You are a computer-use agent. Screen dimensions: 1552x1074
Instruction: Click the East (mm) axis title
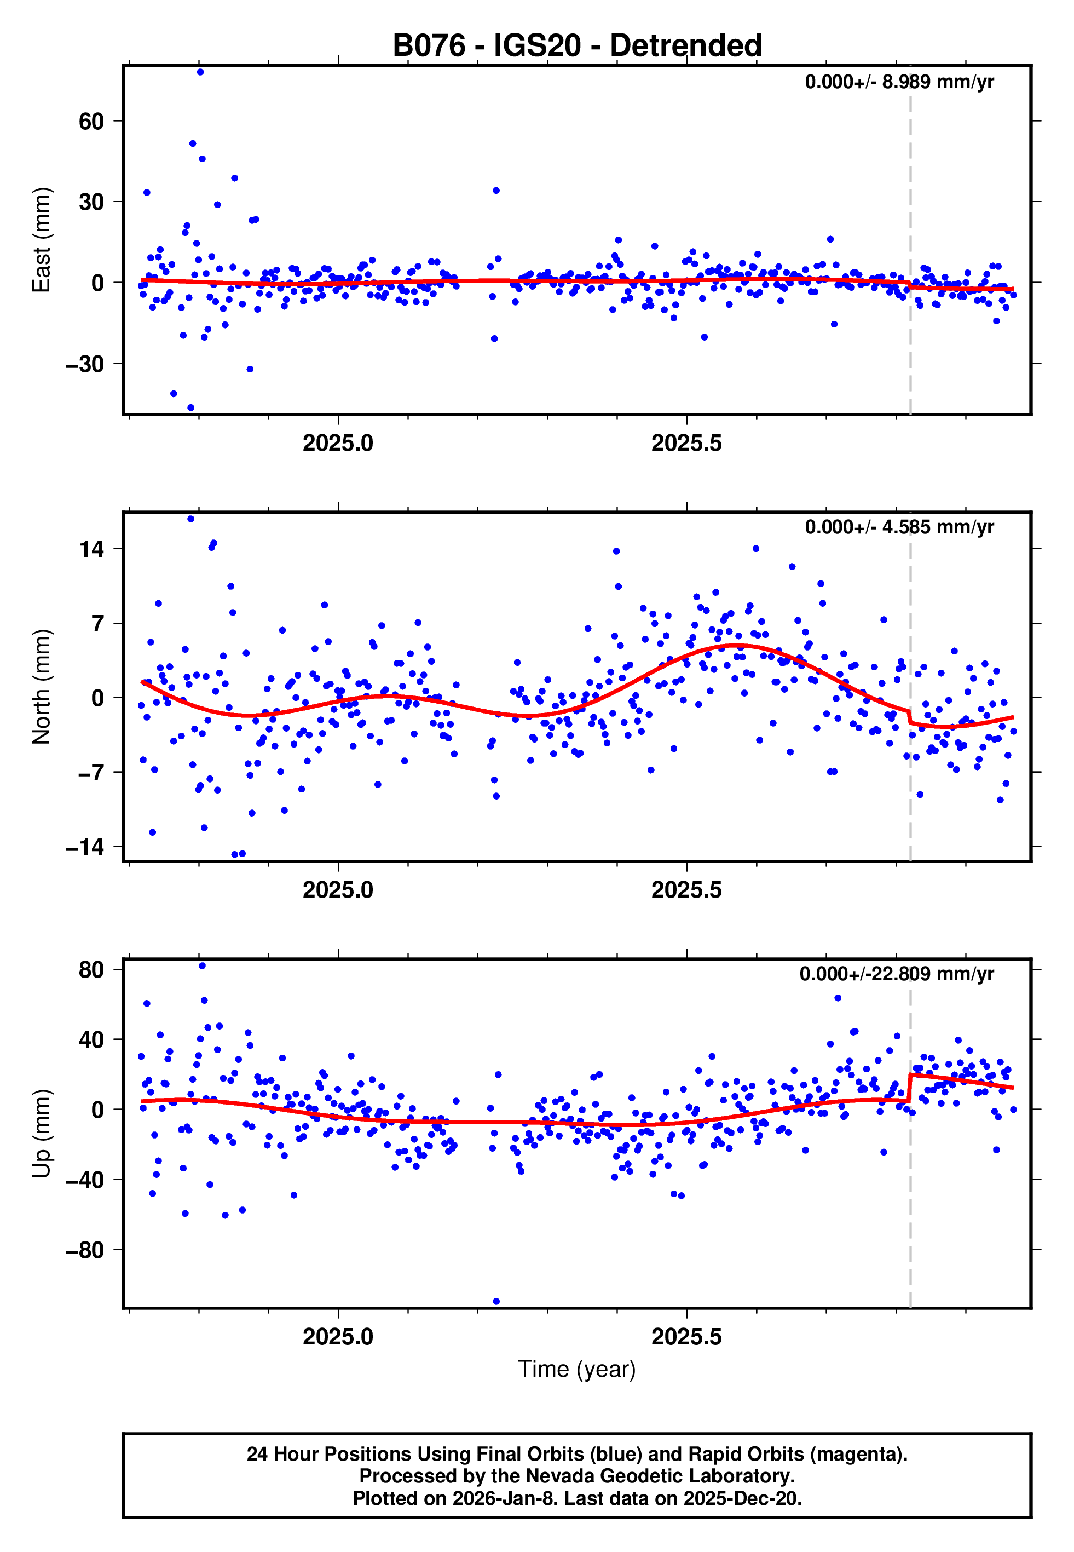click(42, 240)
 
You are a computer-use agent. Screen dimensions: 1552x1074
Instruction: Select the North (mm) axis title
click(42, 687)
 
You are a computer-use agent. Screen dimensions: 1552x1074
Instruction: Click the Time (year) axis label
click(577, 1369)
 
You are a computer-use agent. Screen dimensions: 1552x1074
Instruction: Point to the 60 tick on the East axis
click(91, 122)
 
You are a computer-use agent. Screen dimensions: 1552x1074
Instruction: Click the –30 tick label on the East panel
click(85, 364)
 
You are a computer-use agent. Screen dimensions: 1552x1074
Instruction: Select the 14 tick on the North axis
click(91, 549)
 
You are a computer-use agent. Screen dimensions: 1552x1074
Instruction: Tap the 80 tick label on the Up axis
click(91, 970)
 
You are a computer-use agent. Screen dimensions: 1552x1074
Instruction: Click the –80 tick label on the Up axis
click(85, 1250)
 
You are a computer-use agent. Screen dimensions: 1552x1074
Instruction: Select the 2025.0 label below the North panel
click(338, 890)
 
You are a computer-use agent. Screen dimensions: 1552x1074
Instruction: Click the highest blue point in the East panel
click(200, 72)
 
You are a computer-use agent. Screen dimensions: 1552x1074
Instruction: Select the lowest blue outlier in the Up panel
click(496, 1301)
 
